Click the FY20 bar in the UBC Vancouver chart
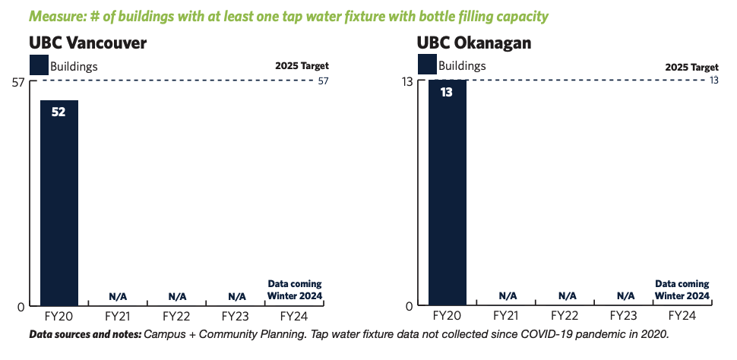click(59, 203)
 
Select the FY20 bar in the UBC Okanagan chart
click(447, 193)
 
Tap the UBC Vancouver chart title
click(88, 43)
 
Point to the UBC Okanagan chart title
click(474, 43)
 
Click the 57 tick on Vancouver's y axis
click(18, 82)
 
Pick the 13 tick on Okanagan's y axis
click(406, 82)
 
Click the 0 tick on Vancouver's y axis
click(21, 307)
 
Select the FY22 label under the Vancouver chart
click(176, 316)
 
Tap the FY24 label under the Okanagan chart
click(682, 316)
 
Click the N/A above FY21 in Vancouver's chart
click(118, 296)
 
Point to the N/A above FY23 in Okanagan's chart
click(625, 296)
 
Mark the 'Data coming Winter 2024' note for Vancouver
click(295, 290)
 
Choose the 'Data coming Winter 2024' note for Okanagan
click(682, 290)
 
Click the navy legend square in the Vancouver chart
click(39, 65)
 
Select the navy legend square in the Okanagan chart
click(427, 65)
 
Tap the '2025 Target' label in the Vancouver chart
click(302, 66)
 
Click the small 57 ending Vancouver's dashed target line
click(324, 81)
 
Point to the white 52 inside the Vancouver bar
click(59, 113)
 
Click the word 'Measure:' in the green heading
click(53, 17)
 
